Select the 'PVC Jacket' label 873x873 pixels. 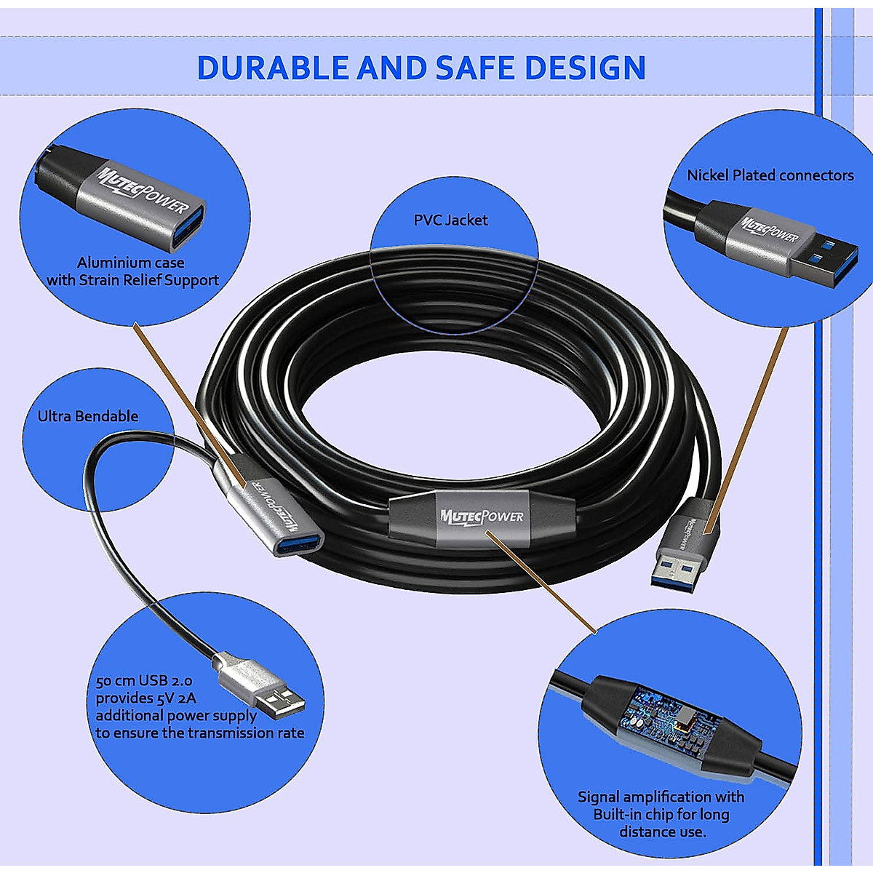tap(450, 220)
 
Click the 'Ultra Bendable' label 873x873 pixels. tap(88, 416)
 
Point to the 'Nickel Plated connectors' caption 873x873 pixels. tap(770, 175)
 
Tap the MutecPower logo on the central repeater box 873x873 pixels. tap(482, 516)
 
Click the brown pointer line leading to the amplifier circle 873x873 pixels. tap(542, 578)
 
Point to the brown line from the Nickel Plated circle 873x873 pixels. tap(749, 422)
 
